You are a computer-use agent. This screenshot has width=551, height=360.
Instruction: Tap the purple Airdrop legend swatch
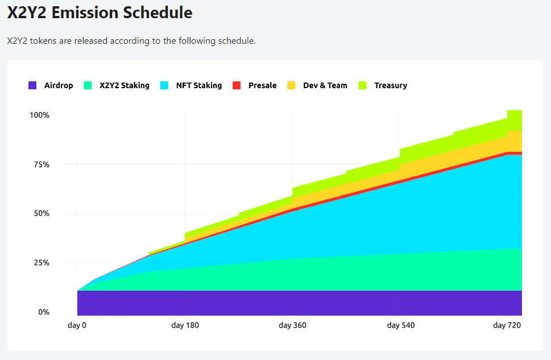click(32, 85)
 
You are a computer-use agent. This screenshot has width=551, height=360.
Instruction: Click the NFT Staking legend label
click(199, 85)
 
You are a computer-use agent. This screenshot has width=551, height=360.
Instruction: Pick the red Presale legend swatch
click(237, 85)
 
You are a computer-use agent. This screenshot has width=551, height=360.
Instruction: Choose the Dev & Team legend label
click(325, 85)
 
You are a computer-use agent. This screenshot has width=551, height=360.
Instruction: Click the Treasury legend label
click(391, 85)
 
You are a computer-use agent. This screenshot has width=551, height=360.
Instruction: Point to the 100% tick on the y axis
click(39, 115)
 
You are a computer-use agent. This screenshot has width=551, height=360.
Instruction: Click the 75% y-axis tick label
click(42, 164)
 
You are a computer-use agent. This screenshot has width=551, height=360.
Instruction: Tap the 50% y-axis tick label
click(42, 213)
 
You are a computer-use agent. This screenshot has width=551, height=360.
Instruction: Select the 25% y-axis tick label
click(42, 263)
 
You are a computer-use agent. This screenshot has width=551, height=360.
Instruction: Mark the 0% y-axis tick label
click(44, 312)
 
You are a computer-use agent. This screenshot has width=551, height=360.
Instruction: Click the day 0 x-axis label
click(77, 325)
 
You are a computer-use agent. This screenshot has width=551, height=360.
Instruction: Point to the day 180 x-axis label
click(185, 325)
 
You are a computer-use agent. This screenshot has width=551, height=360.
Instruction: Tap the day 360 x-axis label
click(292, 325)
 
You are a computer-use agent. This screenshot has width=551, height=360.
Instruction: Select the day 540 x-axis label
click(401, 325)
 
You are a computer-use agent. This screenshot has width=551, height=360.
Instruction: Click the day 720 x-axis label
click(507, 325)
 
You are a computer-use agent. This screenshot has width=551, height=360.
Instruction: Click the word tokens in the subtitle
click(43, 41)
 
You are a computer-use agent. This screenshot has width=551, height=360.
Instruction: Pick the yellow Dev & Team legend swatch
click(291, 85)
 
